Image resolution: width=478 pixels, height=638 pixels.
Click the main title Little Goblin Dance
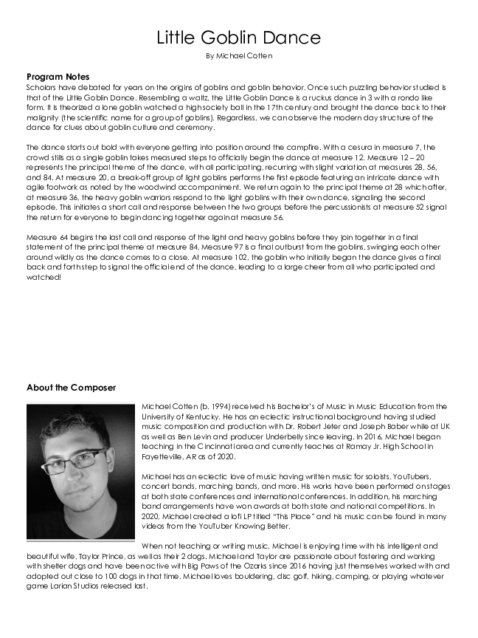[x=238, y=38]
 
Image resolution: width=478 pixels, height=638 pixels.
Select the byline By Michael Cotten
[x=238, y=56]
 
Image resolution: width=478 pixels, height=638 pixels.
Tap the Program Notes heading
[x=58, y=77]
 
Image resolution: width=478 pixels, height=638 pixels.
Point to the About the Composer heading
[x=71, y=388]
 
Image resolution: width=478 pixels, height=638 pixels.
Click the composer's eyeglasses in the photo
[x=74, y=462]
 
